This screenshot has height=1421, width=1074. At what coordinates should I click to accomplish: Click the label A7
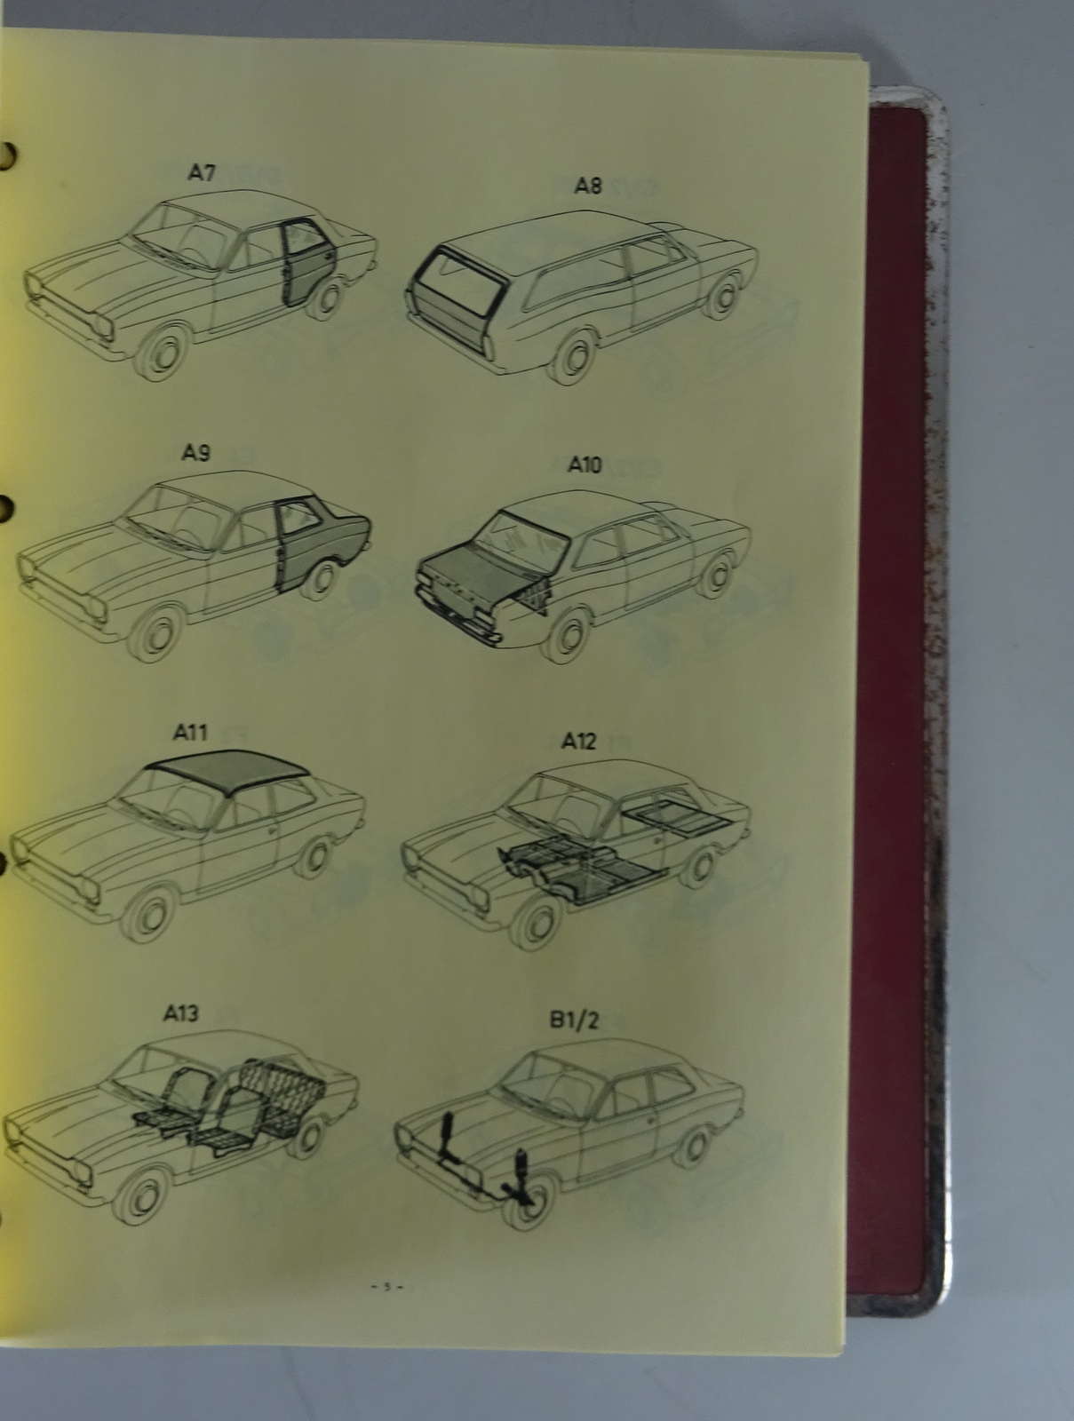click(202, 173)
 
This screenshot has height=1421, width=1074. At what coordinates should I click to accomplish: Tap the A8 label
click(588, 186)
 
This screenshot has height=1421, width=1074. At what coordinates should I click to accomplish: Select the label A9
click(195, 453)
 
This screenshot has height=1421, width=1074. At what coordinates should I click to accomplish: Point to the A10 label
click(585, 464)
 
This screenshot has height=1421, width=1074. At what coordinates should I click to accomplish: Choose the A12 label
click(579, 742)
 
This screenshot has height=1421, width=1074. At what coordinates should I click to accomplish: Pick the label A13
click(180, 1013)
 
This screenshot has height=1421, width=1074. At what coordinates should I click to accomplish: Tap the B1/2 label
click(574, 1021)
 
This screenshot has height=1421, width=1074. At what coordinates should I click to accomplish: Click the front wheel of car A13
click(142, 1192)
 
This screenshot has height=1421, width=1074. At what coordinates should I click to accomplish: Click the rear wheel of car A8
click(723, 296)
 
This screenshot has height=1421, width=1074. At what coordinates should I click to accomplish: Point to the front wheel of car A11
click(152, 914)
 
